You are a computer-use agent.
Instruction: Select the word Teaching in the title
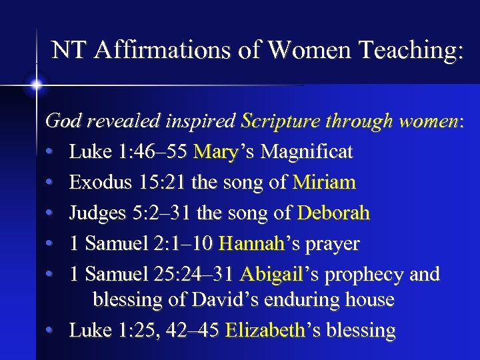(413, 51)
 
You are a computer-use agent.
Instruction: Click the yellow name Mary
(215, 152)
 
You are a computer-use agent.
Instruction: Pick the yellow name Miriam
(324, 182)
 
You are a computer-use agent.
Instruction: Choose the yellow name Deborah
(333, 213)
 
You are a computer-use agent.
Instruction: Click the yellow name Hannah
(251, 244)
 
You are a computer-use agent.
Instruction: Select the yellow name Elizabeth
(265, 330)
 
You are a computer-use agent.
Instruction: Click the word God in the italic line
(61, 121)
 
